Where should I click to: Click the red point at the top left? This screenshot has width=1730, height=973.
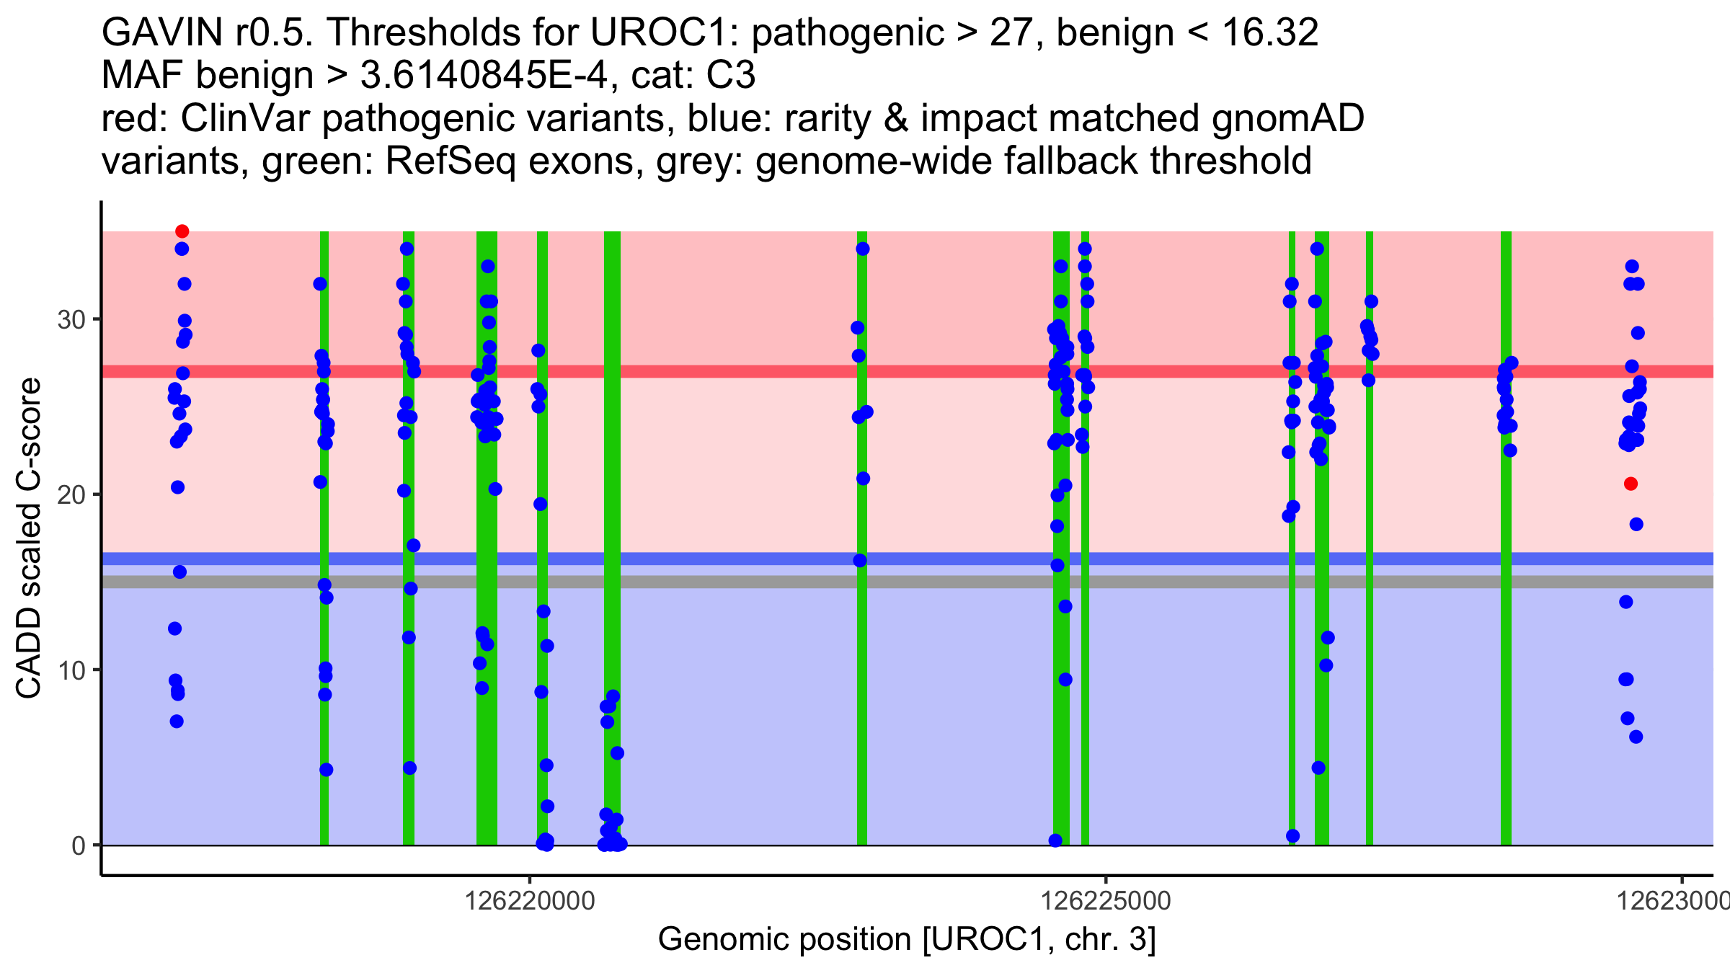[x=182, y=231]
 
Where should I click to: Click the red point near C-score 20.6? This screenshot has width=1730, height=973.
[x=1631, y=484]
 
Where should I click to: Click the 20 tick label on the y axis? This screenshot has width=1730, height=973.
[x=71, y=494]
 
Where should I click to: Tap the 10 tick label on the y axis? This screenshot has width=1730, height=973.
[x=71, y=670]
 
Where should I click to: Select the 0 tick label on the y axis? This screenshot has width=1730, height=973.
[x=79, y=845]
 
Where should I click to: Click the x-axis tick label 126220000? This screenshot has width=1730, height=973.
[x=530, y=901]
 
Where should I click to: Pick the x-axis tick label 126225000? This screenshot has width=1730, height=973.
[x=1105, y=901]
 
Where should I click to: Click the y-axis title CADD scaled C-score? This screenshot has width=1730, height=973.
[x=29, y=538]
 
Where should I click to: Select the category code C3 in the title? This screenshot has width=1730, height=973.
[x=731, y=75]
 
